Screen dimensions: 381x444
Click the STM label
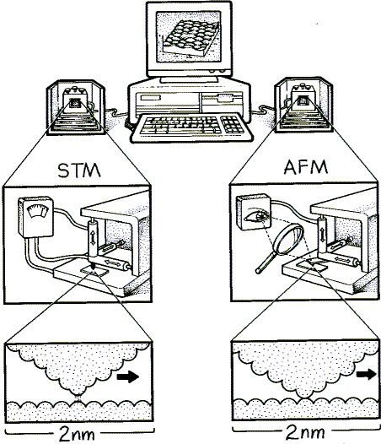coord(79,171)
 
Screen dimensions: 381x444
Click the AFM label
coord(306,167)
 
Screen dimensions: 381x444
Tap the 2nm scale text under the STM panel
coord(77,434)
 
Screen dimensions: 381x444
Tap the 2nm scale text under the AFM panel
coord(305,433)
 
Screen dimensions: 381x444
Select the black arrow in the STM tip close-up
coord(128,376)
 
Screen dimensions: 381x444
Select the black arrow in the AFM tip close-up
coord(366,374)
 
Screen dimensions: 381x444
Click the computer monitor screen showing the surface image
coord(189,36)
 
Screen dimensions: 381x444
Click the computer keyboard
coord(191,127)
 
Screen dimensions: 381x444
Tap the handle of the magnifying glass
coord(266,263)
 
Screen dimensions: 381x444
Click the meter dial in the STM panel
coord(37,211)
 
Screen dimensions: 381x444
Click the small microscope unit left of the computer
coord(76,107)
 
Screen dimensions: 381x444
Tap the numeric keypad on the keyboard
coord(232,124)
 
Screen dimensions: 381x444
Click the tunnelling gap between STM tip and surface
coord(78,398)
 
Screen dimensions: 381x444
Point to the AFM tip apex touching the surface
coord(303,398)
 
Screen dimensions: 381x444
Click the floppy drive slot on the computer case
coord(225,98)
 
